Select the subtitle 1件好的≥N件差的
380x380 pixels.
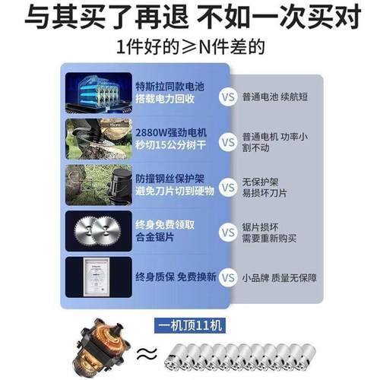pos(190,49)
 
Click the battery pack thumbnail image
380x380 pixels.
pos(98,92)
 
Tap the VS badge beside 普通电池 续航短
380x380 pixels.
pos(226,97)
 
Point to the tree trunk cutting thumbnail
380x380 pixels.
pos(98,139)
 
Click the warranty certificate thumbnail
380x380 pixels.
pos(98,277)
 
